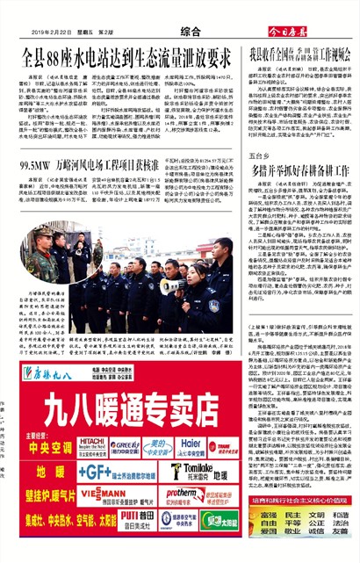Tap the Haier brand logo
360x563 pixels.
[x=193, y=445]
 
